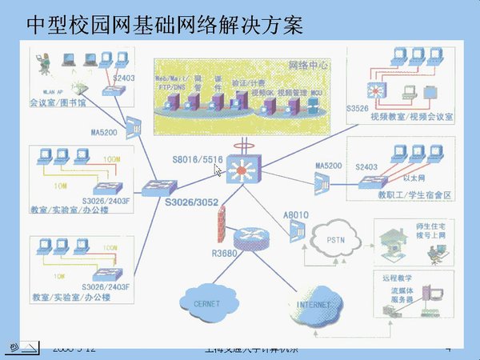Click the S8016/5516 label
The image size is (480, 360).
coord(196,160)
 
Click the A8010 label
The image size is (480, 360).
coord(295,214)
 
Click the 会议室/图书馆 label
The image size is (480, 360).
coord(55,102)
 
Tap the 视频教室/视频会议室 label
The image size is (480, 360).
coord(413,115)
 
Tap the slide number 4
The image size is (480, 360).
coord(448,349)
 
